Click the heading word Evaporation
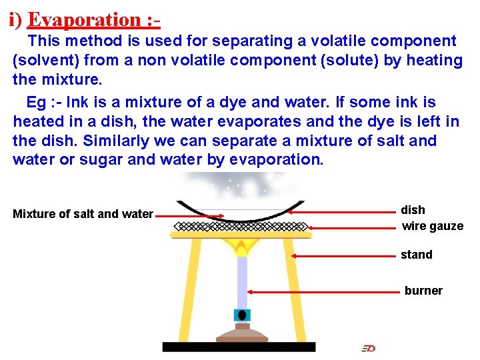[83, 19]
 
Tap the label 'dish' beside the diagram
[413, 210]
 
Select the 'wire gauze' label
[432, 226]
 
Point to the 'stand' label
[416, 255]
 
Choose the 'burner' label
[423, 291]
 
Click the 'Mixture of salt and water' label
[83, 214]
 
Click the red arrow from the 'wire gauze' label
[353, 227]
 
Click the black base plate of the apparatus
[239, 347]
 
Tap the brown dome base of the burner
[241, 334]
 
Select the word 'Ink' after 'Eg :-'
[78, 103]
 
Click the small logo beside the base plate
[368, 348]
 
